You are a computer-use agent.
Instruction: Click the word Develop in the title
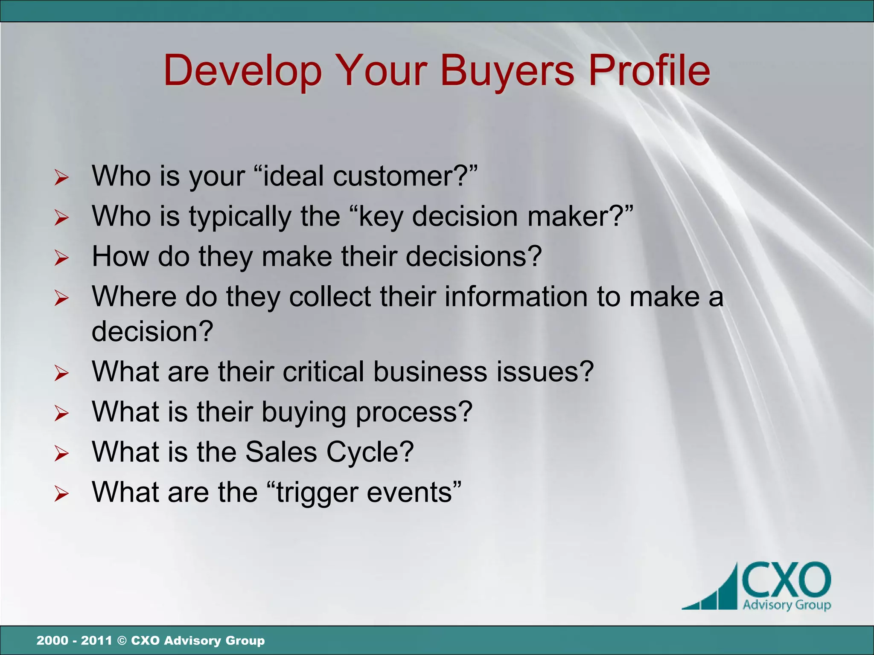[x=242, y=71]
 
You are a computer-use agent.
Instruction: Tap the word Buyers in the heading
[x=507, y=71]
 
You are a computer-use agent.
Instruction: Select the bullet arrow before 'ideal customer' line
[x=61, y=177]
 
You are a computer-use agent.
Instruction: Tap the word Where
[x=134, y=296]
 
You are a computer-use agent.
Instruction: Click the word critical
[x=323, y=371]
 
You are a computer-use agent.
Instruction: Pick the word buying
[x=303, y=412]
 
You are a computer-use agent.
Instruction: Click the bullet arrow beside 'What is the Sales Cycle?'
[x=61, y=454]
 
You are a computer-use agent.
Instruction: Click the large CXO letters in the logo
[x=786, y=580]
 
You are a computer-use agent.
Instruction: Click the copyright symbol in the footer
[x=121, y=641]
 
